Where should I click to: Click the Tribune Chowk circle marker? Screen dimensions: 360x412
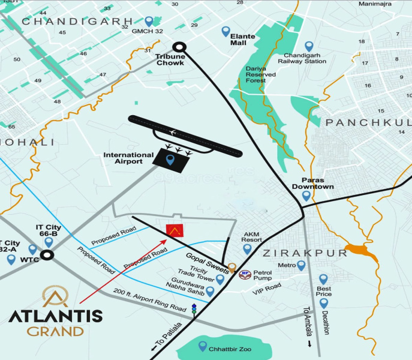(179, 47)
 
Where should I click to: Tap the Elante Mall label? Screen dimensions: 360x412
(243, 40)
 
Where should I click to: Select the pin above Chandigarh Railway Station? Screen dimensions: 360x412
(309, 46)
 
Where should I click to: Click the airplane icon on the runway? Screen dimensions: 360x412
(173, 131)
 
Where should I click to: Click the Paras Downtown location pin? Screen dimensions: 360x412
(306, 196)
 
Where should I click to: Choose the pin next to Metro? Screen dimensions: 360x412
(301, 265)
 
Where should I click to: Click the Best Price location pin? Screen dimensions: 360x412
(323, 279)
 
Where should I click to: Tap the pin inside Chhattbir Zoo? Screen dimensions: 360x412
(203, 346)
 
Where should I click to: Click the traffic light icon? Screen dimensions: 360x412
(194, 310)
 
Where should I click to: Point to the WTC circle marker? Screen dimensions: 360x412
(46, 255)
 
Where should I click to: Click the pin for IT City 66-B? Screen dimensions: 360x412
(49, 242)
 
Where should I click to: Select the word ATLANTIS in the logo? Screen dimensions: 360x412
(55, 317)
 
